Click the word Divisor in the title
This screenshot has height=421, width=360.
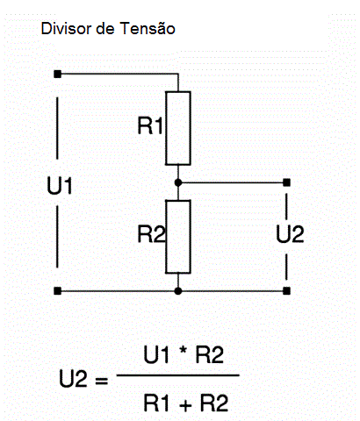[x=66, y=29]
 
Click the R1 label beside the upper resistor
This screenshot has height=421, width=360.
[x=150, y=125]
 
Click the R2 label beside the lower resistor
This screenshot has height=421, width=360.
[x=151, y=234]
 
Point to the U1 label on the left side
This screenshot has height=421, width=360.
[x=60, y=186]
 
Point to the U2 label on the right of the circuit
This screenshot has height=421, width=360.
[x=290, y=234]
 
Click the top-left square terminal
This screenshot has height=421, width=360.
[x=58, y=74]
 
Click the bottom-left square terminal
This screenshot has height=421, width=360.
[x=58, y=291]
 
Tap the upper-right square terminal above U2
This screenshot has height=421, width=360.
[x=287, y=182]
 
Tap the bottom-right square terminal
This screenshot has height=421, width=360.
[x=287, y=291]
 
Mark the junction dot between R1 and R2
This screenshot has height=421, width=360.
[x=178, y=182]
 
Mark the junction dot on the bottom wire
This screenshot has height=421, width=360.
[x=178, y=291]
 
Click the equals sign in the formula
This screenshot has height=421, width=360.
[x=102, y=381]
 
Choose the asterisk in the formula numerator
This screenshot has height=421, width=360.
[x=183, y=350]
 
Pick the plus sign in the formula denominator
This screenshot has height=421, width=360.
[x=185, y=405]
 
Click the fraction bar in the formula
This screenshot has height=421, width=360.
[x=178, y=375]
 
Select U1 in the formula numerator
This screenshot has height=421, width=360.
[x=156, y=354]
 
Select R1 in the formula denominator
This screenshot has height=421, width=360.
[x=156, y=403]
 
